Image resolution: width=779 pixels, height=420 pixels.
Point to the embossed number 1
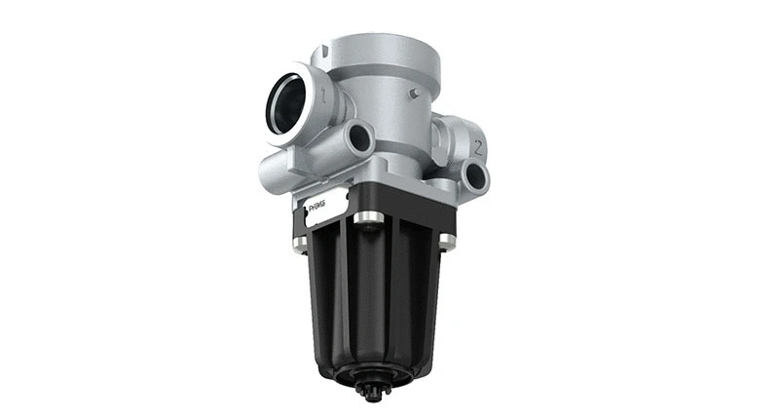[x=325, y=95]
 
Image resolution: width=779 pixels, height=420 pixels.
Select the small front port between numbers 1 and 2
[x=359, y=139]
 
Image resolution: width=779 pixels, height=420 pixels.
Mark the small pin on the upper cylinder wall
[x=415, y=94]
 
